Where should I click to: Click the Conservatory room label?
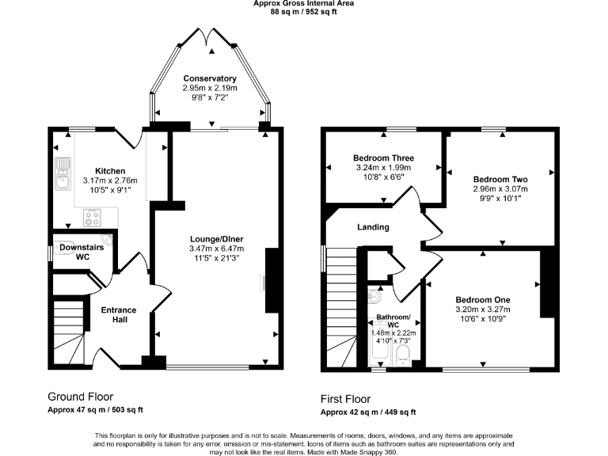click(x=210, y=78)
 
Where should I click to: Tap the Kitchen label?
click(x=110, y=170)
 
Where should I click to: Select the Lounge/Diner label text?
click(x=216, y=238)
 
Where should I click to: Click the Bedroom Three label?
click(x=383, y=158)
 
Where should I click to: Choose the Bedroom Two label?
click(x=500, y=179)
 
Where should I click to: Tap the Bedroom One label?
click(x=482, y=299)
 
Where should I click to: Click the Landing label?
click(x=373, y=227)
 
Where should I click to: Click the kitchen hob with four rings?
click(x=93, y=215)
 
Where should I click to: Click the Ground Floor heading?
click(x=80, y=397)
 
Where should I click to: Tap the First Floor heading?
click(x=344, y=399)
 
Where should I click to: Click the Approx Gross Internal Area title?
click(x=303, y=4)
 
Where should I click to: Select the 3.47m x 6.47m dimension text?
click(x=216, y=248)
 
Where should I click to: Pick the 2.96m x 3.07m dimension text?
click(x=500, y=189)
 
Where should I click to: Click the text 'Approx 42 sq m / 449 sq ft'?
click(x=367, y=412)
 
